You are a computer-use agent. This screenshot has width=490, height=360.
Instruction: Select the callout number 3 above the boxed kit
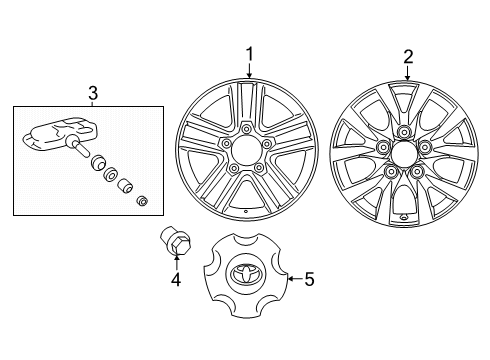click(x=92, y=93)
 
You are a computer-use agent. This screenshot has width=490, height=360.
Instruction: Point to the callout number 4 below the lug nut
click(x=175, y=281)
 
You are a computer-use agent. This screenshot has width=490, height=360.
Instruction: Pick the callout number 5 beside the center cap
click(x=308, y=279)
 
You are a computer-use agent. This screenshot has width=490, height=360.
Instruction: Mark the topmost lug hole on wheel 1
click(x=245, y=129)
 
